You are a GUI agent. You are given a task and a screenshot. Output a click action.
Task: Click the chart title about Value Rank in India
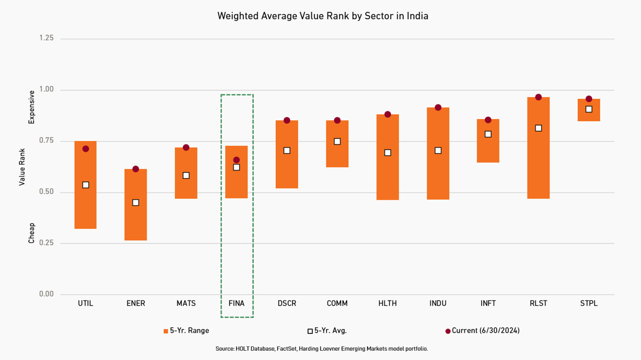click(323, 16)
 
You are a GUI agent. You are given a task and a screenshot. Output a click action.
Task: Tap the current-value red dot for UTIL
click(85, 149)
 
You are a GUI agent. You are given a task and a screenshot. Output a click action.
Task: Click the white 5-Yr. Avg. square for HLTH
click(387, 153)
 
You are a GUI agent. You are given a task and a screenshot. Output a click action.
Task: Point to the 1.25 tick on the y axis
click(46, 38)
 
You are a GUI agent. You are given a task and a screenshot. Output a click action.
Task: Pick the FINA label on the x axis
click(236, 303)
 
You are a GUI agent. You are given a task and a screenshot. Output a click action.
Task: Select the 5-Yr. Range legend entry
click(186, 331)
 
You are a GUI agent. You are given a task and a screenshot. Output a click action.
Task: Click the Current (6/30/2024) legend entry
click(482, 331)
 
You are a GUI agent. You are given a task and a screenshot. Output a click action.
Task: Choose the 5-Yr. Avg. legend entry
click(327, 331)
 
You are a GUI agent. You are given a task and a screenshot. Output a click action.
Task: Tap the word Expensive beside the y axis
click(31, 107)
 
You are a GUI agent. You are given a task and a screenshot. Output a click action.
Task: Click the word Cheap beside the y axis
click(31, 233)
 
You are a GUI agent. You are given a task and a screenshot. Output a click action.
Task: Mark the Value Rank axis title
click(22, 167)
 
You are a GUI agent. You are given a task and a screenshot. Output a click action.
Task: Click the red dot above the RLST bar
click(538, 97)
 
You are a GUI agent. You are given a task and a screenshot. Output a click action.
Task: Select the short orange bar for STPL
click(589, 116)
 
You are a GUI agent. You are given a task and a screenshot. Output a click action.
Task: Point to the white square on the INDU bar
click(438, 150)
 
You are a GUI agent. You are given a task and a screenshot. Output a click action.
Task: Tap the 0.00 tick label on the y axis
click(46, 294)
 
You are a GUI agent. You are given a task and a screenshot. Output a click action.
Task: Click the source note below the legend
click(321, 349)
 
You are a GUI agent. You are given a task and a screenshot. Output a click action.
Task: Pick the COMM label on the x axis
click(337, 303)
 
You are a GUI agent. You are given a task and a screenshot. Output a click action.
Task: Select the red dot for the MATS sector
click(186, 147)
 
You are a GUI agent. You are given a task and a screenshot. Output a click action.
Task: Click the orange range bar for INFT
click(488, 150)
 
